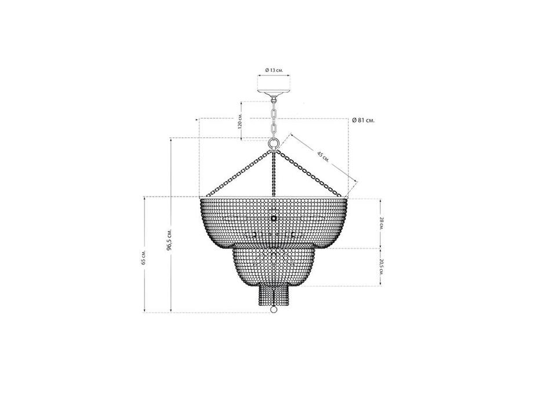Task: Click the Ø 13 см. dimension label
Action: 274,70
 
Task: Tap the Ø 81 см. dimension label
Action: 364,121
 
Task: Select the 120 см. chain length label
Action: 240,121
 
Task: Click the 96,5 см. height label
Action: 169,239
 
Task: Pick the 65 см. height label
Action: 144,257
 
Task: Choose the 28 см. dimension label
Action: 382,223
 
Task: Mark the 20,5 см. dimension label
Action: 382,267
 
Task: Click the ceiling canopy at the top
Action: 274,93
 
